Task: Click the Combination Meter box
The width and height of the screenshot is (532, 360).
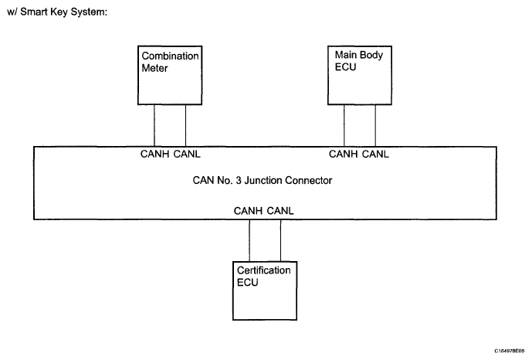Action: pyautogui.click(x=170, y=76)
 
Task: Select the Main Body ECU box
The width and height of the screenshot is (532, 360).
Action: pyautogui.click(x=360, y=76)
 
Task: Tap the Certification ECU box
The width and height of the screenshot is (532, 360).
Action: pyautogui.click(x=265, y=290)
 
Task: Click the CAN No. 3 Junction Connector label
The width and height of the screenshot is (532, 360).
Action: pyautogui.click(x=263, y=180)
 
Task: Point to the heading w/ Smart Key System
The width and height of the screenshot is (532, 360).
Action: pyautogui.click(x=57, y=12)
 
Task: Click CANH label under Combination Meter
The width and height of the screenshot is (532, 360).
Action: pyautogui.click(x=154, y=154)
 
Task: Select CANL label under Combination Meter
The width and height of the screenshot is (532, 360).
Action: pyautogui.click(x=187, y=154)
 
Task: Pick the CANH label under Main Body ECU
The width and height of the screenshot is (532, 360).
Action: pyautogui.click(x=344, y=154)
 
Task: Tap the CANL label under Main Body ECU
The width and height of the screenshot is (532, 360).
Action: pyautogui.click(x=375, y=154)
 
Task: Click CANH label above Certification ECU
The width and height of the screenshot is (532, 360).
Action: pyautogui.click(x=248, y=211)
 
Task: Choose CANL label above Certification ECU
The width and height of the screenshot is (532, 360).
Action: pyautogui.click(x=280, y=211)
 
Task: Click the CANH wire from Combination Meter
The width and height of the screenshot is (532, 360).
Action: pyautogui.click(x=154, y=126)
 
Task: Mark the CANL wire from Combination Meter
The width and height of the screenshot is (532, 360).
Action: pyautogui.click(x=185, y=126)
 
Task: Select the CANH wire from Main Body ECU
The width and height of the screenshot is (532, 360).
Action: pyautogui.click(x=344, y=126)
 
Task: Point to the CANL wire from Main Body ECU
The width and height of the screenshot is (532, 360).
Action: pyautogui.click(x=375, y=126)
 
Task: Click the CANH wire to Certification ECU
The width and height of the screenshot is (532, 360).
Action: pyautogui.click(x=249, y=240)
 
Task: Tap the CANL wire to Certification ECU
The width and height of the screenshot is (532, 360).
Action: pyautogui.click(x=280, y=240)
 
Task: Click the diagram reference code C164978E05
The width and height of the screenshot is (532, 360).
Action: pyautogui.click(x=510, y=351)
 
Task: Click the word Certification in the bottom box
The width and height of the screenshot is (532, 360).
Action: pyautogui.click(x=263, y=270)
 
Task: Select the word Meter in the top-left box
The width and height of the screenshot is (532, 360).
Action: pyautogui.click(x=154, y=68)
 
